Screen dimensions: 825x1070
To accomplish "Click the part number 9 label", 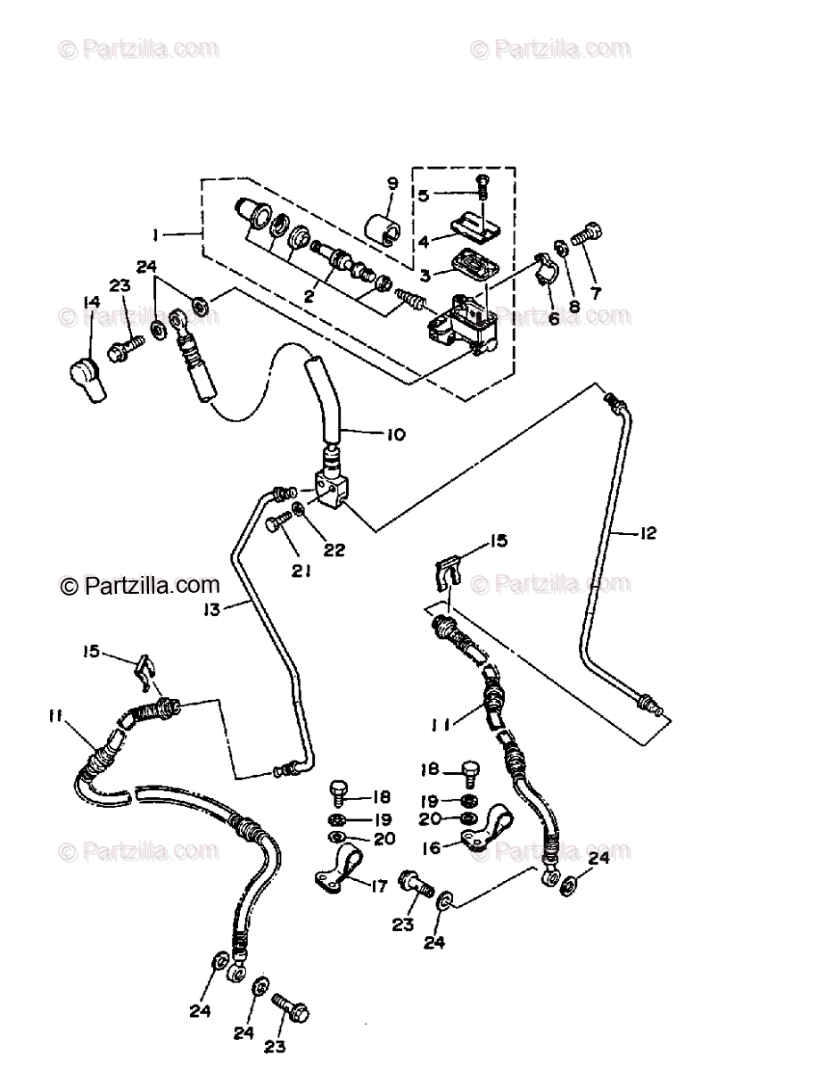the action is (x=392, y=185).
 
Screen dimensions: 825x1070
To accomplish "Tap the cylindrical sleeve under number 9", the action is (x=383, y=228).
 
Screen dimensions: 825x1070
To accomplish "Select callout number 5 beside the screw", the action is (x=423, y=195).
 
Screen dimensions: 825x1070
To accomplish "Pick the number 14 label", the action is (x=91, y=301).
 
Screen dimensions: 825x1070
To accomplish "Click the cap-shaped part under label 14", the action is (x=87, y=379).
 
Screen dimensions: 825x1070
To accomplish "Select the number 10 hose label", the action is (x=395, y=435).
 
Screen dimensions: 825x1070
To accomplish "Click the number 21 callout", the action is (x=301, y=571).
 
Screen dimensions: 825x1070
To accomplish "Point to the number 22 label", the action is (x=334, y=549).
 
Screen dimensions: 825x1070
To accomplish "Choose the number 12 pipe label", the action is (x=648, y=533).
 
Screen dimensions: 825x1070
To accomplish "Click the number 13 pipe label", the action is (x=211, y=610).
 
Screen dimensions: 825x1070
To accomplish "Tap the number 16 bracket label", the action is (x=432, y=848).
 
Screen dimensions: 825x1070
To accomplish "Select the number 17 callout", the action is (x=379, y=886).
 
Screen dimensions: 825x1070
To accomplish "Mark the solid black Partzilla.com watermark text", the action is (x=140, y=586).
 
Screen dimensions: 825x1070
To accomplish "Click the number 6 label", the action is (x=554, y=318).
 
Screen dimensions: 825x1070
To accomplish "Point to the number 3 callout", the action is (x=425, y=276).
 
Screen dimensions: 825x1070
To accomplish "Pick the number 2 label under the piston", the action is (x=309, y=296).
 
